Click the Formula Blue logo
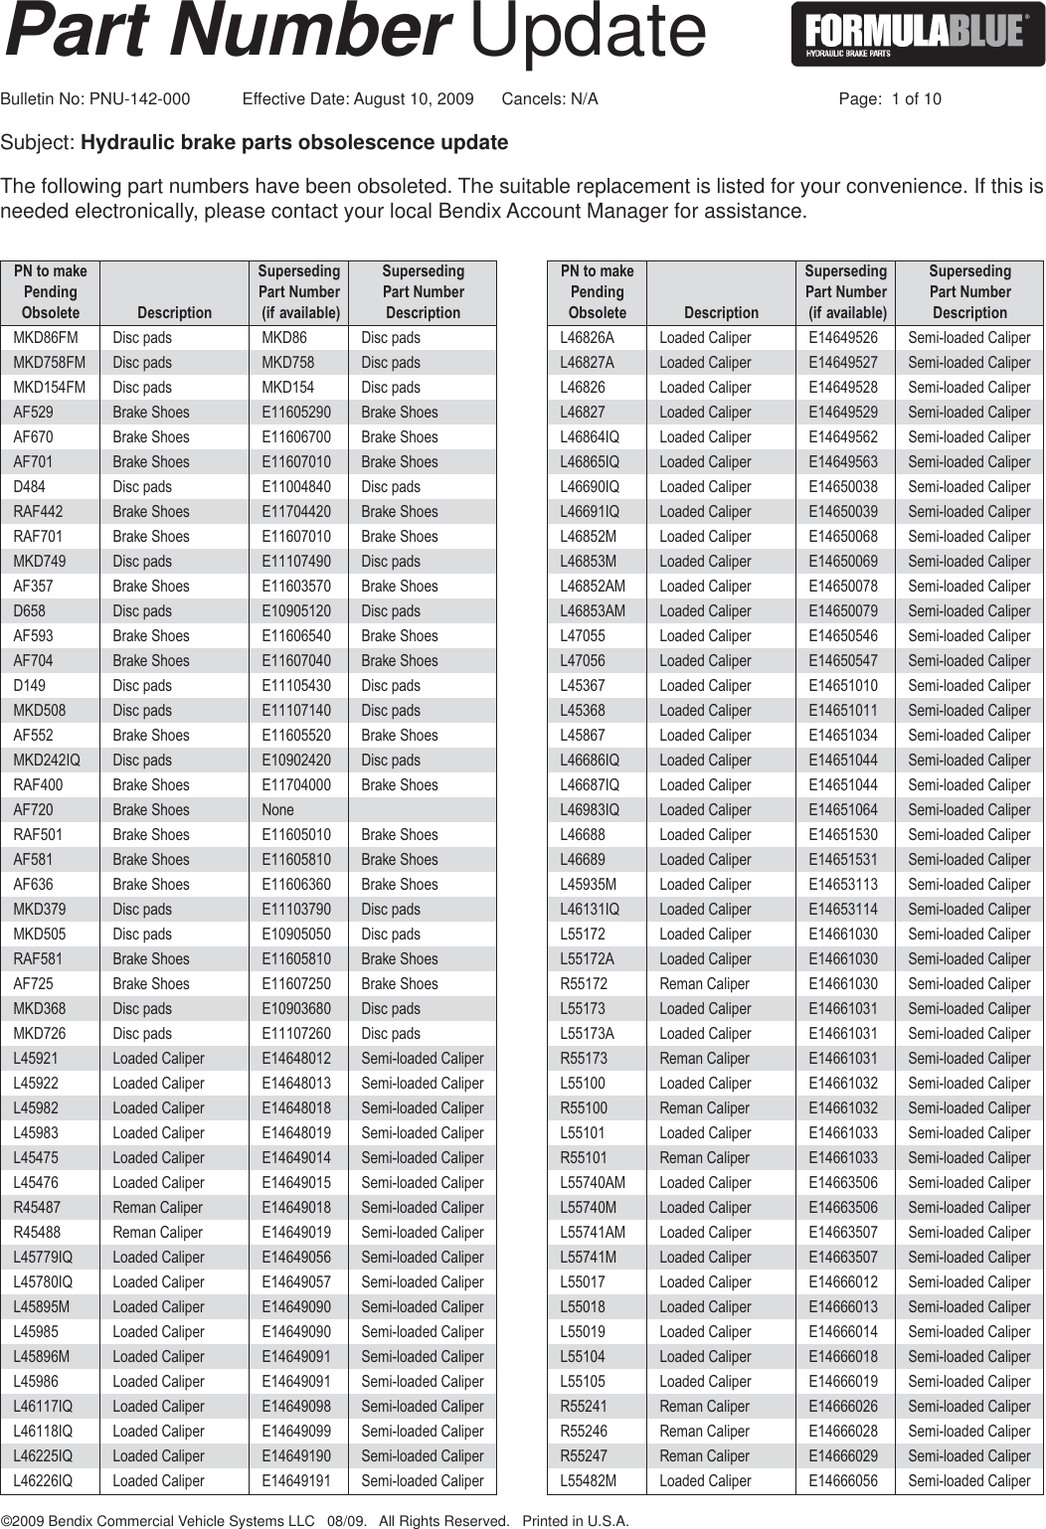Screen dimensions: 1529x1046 (x=918, y=35)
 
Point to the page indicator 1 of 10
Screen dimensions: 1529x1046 (x=916, y=99)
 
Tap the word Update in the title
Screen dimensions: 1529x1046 (x=587, y=32)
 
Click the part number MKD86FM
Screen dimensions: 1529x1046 (x=50, y=338)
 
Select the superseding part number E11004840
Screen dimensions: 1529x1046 (x=296, y=487)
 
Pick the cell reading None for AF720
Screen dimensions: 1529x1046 (x=277, y=810)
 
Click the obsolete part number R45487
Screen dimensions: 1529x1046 (x=38, y=1208)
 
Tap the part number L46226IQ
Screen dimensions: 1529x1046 (x=43, y=1481)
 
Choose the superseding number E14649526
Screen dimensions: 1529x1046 (x=843, y=338)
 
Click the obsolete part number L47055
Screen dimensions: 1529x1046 (x=583, y=636)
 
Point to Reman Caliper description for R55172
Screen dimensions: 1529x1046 (x=704, y=984)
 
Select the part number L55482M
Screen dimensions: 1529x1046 (x=589, y=1481)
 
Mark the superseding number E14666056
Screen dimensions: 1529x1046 (x=843, y=1481)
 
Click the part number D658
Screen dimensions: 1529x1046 (x=30, y=611)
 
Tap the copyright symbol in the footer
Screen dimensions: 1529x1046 (x=7, y=1521)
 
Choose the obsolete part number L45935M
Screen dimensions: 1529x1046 (x=589, y=885)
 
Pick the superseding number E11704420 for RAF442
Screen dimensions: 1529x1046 (x=296, y=512)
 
